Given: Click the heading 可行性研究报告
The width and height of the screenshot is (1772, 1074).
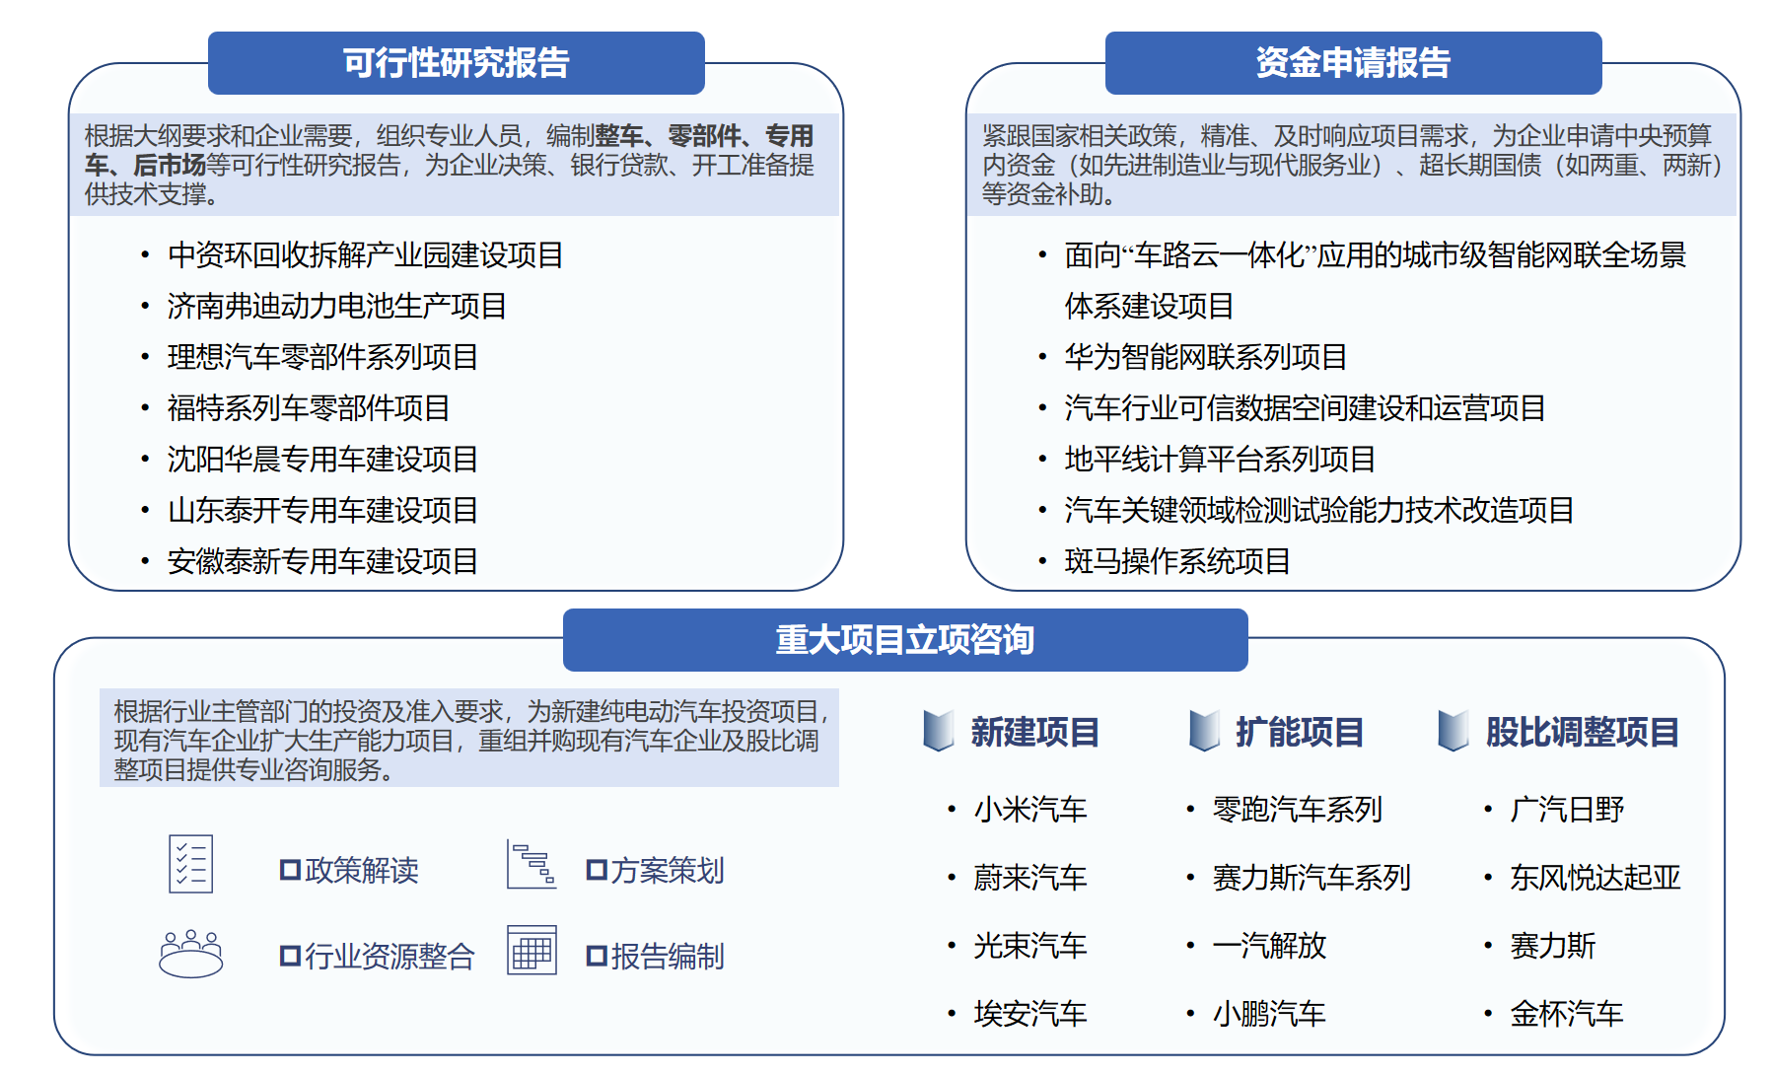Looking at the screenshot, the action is pyautogui.click(x=456, y=63).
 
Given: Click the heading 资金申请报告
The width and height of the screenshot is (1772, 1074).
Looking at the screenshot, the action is pyautogui.click(x=1353, y=63).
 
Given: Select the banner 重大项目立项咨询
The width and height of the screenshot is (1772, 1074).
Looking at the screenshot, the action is pyautogui.click(x=905, y=640).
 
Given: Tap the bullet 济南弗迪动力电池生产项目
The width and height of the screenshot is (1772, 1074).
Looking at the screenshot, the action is pyautogui.click(x=336, y=307).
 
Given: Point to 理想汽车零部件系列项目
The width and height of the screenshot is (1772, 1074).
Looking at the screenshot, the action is pyautogui.click(x=322, y=357).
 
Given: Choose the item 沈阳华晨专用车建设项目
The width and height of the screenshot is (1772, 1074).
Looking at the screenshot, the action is pyautogui.click(x=322, y=460).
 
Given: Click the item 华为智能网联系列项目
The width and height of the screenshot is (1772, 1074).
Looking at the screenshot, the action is pyautogui.click(x=1205, y=357).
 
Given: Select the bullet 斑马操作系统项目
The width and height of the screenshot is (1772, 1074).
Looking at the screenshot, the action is pyautogui.click(x=1177, y=562).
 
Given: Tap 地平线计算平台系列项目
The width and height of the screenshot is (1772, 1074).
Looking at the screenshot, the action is pyautogui.click(x=1220, y=460).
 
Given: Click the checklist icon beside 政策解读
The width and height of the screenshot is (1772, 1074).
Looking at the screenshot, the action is pyautogui.click(x=190, y=864).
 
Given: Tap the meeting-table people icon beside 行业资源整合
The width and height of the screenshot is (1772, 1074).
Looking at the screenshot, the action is pyautogui.click(x=191, y=954).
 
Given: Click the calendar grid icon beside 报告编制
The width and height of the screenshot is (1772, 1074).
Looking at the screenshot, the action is pyautogui.click(x=532, y=950).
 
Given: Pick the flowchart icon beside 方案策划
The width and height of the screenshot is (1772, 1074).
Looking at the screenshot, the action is pyautogui.click(x=532, y=864).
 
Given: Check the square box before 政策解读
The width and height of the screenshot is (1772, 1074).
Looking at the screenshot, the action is pyautogui.click(x=290, y=870).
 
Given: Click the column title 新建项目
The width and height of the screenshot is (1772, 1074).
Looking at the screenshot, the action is pyautogui.click(x=1034, y=733).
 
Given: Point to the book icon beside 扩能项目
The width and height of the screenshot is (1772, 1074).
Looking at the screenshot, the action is pyautogui.click(x=1204, y=731).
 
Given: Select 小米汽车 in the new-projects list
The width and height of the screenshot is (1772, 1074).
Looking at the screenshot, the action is pyautogui.click(x=1029, y=810).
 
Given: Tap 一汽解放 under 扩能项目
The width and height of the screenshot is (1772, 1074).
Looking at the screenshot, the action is pyautogui.click(x=1269, y=946).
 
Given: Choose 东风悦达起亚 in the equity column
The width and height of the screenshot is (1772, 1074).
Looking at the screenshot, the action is pyautogui.click(x=1595, y=878).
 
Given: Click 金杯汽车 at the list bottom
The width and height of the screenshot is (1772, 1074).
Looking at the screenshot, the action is pyautogui.click(x=1566, y=1014).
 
